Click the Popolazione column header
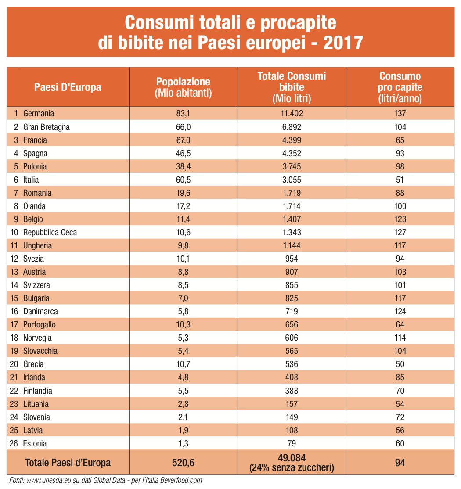click(x=183, y=87)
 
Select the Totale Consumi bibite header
click(x=292, y=87)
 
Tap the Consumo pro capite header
click(x=400, y=87)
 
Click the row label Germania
click(x=39, y=114)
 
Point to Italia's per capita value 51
click(x=400, y=180)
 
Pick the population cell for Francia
click(x=183, y=140)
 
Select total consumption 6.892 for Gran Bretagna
click(x=292, y=127)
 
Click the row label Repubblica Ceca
click(x=50, y=232)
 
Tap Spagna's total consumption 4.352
click(x=292, y=153)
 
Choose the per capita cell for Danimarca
click(x=400, y=311)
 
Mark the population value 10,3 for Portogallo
click(x=183, y=324)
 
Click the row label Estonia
click(x=35, y=443)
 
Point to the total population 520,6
click(x=183, y=462)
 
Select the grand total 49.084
click(x=292, y=458)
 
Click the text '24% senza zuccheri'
click(x=292, y=468)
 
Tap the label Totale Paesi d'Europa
click(x=68, y=462)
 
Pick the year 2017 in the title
click(x=343, y=43)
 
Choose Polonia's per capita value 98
click(x=400, y=166)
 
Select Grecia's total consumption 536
click(x=292, y=364)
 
